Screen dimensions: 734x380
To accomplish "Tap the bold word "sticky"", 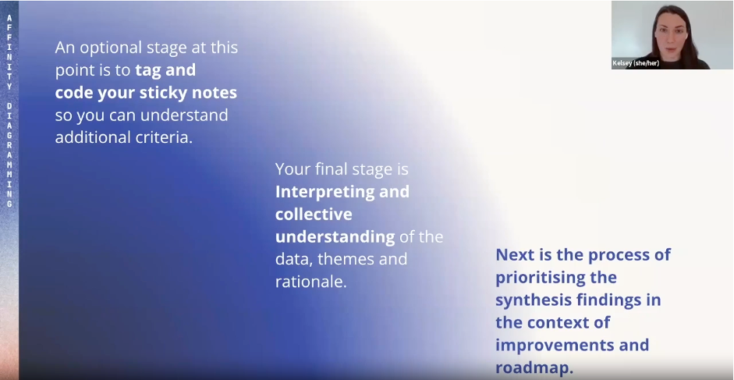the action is pyautogui.click(x=163, y=93).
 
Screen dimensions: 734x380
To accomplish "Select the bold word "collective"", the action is pyautogui.click(x=314, y=214).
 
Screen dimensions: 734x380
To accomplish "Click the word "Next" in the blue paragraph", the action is pyautogui.click(x=512, y=255).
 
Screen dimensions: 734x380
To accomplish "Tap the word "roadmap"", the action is pyautogui.click(x=532, y=368).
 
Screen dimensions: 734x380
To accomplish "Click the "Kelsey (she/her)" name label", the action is pyautogui.click(x=636, y=63).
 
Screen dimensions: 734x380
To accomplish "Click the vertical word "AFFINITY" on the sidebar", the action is pyautogui.click(x=9, y=52).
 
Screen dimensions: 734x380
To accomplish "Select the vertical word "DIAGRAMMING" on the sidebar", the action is pyautogui.click(x=9, y=155).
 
